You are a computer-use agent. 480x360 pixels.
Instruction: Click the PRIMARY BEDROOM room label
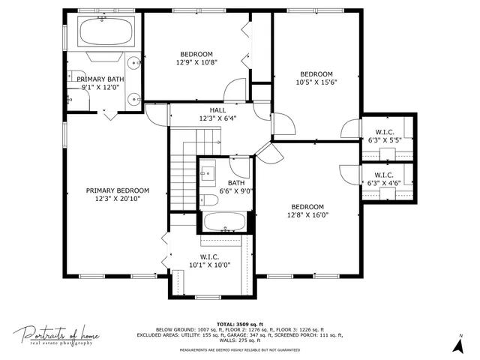(117, 190)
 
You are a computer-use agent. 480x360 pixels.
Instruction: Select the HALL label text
(217, 110)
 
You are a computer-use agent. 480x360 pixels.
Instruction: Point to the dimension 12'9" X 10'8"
(196, 62)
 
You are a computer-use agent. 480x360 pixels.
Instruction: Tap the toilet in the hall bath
(206, 199)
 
